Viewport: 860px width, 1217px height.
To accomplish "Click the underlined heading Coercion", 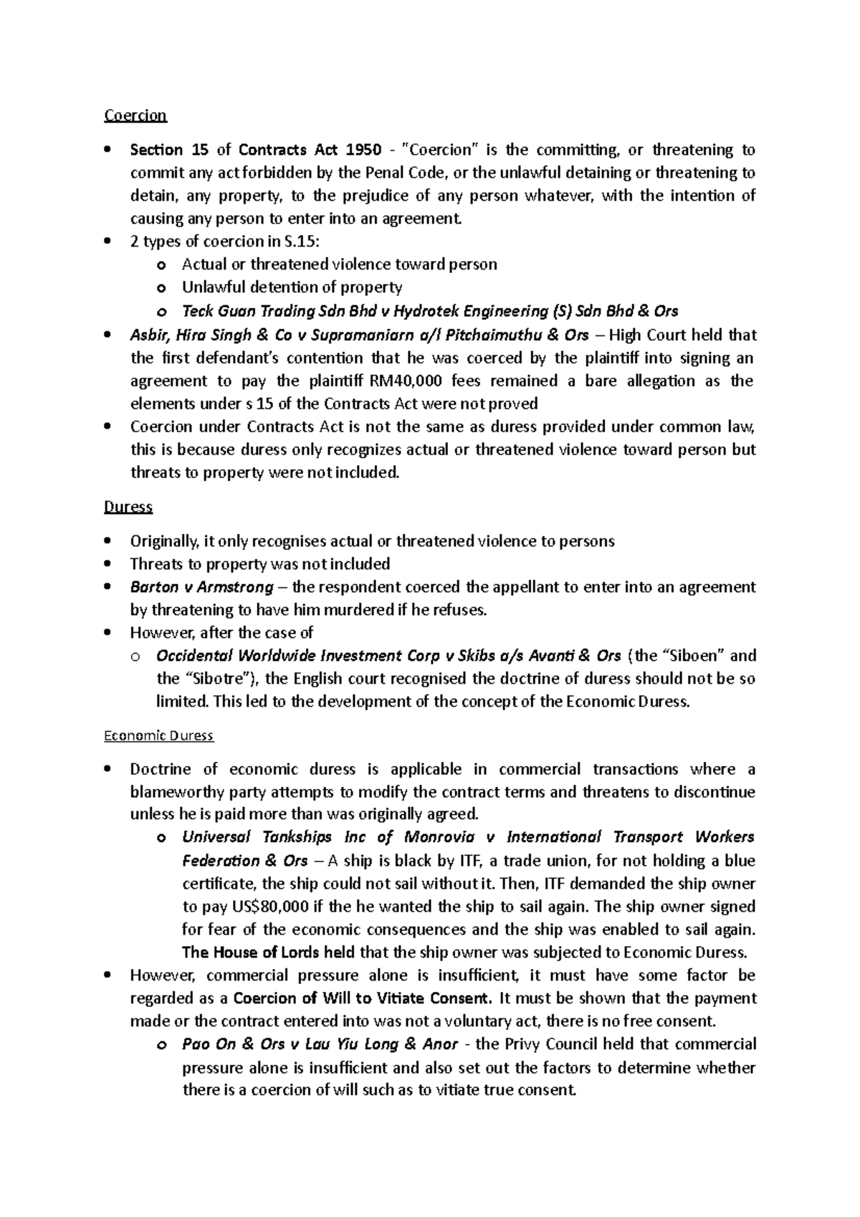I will [x=135, y=115].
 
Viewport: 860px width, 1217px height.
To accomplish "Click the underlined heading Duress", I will [x=128, y=507].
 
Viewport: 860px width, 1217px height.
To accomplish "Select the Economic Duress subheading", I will [x=158, y=736].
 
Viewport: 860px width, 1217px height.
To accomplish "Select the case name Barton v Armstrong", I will [x=201, y=587].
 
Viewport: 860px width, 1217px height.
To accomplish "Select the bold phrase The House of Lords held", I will [x=263, y=953].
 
